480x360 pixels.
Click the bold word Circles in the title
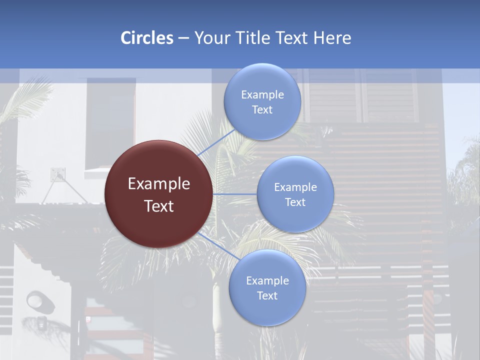(146, 38)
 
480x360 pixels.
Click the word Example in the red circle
(159, 184)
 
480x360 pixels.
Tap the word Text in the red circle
(159, 206)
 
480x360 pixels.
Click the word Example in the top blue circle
(262, 94)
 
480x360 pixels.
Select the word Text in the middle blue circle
(295, 202)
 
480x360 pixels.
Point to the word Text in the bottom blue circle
(267, 295)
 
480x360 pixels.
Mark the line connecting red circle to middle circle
(234, 194)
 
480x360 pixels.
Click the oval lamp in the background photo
(36, 300)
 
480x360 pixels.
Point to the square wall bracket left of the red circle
(57, 174)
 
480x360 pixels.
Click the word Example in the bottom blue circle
(267, 280)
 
